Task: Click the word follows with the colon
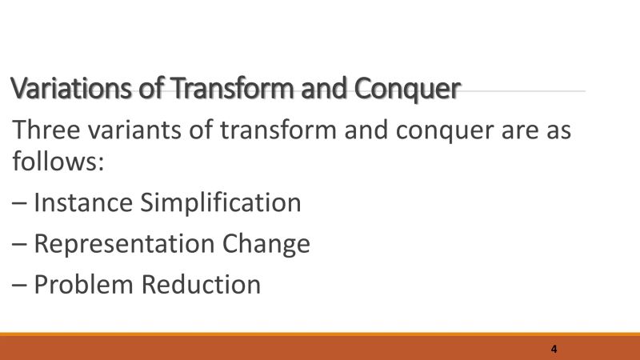point(58,162)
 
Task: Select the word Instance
point(85,202)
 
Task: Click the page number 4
point(554,350)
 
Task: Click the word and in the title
point(322,88)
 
